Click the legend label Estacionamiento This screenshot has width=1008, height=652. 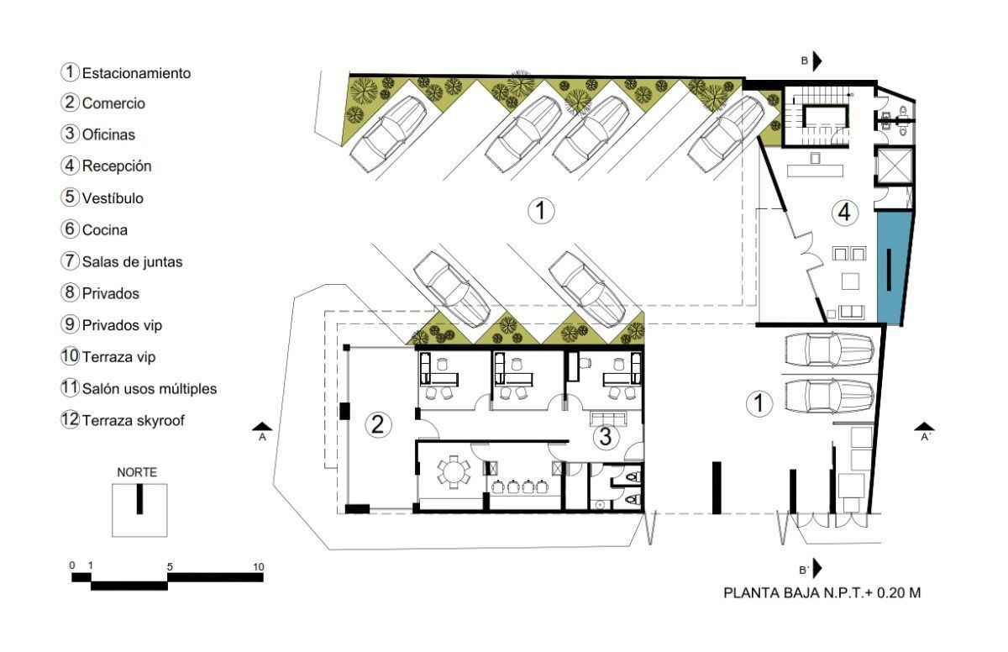pyautogui.click(x=136, y=73)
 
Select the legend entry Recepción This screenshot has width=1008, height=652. pyautogui.click(x=117, y=166)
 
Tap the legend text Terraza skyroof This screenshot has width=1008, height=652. pyautogui.click(x=134, y=420)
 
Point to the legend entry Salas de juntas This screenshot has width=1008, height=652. pyautogui.click(x=133, y=262)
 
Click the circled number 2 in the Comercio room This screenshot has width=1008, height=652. pyautogui.click(x=377, y=425)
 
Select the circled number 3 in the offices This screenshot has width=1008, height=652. pyautogui.click(x=606, y=436)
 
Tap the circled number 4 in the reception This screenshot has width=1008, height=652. pyautogui.click(x=845, y=213)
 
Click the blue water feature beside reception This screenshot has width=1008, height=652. pyautogui.click(x=895, y=268)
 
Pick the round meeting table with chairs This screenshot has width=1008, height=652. pyautogui.click(x=454, y=472)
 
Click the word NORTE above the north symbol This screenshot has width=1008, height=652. pyautogui.click(x=137, y=472)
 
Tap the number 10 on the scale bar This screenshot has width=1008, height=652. pyautogui.click(x=259, y=567)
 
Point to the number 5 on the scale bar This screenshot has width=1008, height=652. pyautogui.click(x=170, y=567)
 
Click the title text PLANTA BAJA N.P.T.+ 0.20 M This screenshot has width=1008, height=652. pyautogui.click(x=822, y=593)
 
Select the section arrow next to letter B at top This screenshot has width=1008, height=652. pyautogui.click(x=816, y=60)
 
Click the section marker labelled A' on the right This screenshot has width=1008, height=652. pyautogui.click(x=924, y=431)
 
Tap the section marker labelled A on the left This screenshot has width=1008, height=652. pyautogui.click(x=262, y=431)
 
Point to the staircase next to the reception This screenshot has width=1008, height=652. pyautogui.click(x=817, y=116)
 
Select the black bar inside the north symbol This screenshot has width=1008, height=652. pyautogui.click(x=139, y=499)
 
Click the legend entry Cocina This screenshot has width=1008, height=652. pyautogui.click(x=104, y=230)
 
